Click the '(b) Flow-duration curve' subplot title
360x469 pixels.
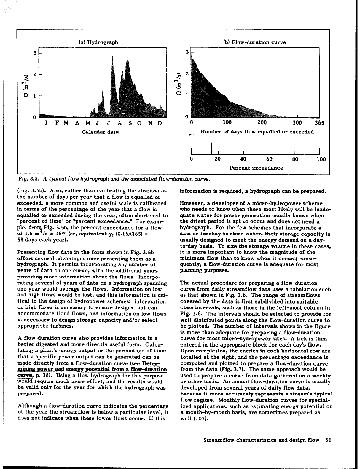tap(254, 42)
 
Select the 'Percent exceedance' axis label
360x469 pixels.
tap(256, 168)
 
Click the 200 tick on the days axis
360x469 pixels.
tap(262, 123)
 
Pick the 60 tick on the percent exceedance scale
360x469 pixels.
tap(269, 159)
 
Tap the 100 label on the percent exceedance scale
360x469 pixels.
tap(321, 159)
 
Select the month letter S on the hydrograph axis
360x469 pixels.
tap(130, 123)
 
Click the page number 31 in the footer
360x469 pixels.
tap(328, 440)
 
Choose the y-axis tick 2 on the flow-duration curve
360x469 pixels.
tap(187, 73)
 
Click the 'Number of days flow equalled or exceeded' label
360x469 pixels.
tap(257, 131)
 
